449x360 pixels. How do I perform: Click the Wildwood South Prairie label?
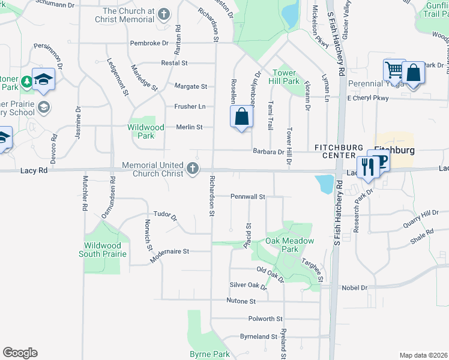coord(103,250)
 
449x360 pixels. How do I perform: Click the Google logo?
coord(20,352)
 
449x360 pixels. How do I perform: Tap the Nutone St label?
coord(241,301)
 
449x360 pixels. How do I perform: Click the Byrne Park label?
coord(209,355)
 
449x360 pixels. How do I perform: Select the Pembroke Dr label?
coord(149,43)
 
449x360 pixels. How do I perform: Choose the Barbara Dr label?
coord(268,152)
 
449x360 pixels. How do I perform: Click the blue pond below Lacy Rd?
coord(325,184)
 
